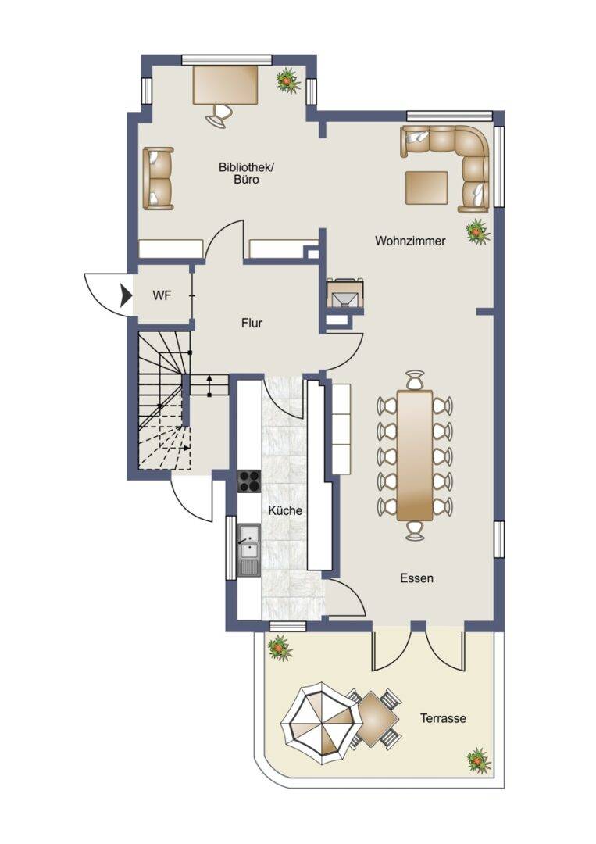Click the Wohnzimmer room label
410,241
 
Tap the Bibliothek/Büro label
246,173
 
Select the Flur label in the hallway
252,323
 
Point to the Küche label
285,510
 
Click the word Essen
417,578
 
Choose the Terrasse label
443,718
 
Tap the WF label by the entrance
162,295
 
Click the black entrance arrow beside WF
127,295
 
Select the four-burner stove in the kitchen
249,481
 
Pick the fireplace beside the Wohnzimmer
344,293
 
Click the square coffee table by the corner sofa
427,188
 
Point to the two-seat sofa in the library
158,178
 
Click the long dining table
415,456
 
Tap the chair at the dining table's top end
415,380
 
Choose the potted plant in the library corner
287,80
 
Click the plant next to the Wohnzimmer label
476,231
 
